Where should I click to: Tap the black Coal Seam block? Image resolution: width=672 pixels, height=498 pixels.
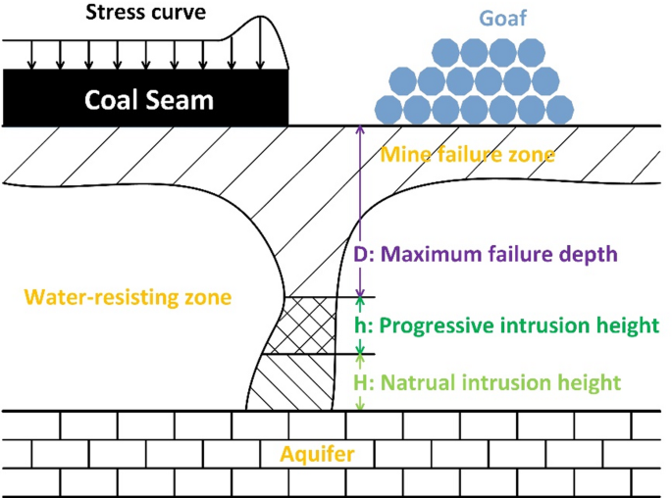pyautogui.click(x=145, y=98)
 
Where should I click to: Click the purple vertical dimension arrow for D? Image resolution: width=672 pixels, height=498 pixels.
pyautogui.click(x=360, y=211)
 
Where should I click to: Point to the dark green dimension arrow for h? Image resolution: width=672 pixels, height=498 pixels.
pyautogui.click(x=360, y=325)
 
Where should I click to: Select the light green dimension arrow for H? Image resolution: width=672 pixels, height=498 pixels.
pyautogui.click(x=360, y=382)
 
